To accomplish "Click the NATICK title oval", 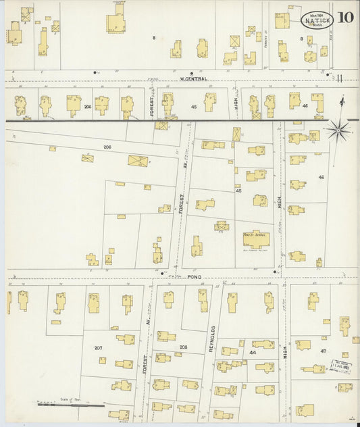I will click(316, 20).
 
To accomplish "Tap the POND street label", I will click(195, 277).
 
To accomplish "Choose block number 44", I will click(253, 353).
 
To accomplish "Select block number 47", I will click(323, 351).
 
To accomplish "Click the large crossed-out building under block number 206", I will click(138, 161).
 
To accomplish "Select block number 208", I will click(183, 347).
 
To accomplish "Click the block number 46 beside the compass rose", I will click(321, 177).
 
